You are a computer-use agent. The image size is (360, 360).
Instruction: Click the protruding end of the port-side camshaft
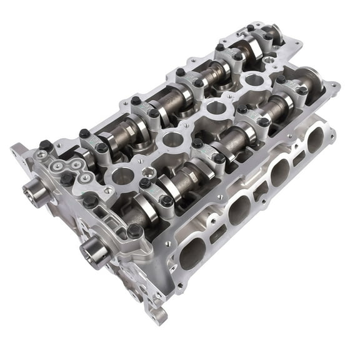(x=93, y=252)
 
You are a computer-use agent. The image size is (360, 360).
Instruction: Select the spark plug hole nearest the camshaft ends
(x=122, y=177)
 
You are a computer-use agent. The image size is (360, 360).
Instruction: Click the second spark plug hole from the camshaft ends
(x=169, y=139)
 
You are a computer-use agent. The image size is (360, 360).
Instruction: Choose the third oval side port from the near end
(x=279, y=172)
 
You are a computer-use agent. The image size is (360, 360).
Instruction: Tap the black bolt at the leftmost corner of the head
(x=45, y=145)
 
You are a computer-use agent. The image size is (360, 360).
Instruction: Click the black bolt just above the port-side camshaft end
(x=134, y=231)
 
